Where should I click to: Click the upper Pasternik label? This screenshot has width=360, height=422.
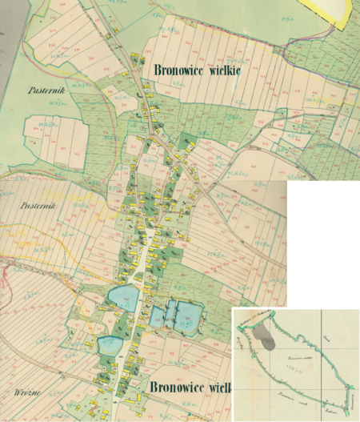click(42, 91)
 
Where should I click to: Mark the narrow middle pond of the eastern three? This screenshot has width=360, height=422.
click(170, 315)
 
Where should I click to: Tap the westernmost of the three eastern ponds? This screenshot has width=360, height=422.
click(157, 317)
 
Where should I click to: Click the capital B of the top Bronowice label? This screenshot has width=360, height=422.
click(149, 70)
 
